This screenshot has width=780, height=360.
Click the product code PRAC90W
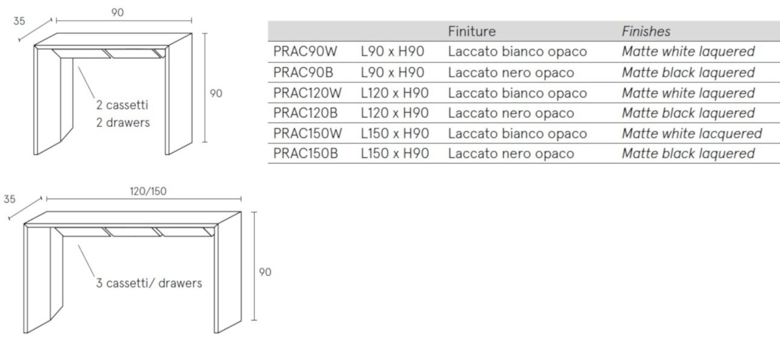pos(305,52)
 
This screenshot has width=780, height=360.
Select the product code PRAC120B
pos(306,113)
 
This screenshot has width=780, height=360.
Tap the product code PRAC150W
pos(307,133)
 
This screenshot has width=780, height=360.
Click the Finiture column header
pos(472,31)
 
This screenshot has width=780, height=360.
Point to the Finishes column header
pos(646,31)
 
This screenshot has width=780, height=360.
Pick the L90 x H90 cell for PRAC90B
pos(392,73)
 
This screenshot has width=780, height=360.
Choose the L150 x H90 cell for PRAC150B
pos(395,153)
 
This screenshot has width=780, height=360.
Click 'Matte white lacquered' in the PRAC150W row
pos(692,134)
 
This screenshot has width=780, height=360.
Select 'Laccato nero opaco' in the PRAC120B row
pos(511,113)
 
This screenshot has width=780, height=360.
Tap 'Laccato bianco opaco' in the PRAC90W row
pos(517,52)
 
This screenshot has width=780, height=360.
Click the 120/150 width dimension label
pos(148,191)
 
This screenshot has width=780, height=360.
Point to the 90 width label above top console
pos(117,13)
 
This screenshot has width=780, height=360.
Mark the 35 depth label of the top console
pos(19,21)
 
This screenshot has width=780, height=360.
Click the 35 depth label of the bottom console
pos(9,199)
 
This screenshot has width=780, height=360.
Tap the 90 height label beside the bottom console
pos(265,272)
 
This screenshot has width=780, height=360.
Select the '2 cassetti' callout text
pos(122,105)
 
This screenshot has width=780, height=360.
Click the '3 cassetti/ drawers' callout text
pos(149,283)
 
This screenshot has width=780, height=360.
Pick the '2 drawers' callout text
pos(123,122)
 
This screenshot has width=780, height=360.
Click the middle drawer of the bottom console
pos(133,232)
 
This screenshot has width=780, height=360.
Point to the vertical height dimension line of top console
pos(205,88)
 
